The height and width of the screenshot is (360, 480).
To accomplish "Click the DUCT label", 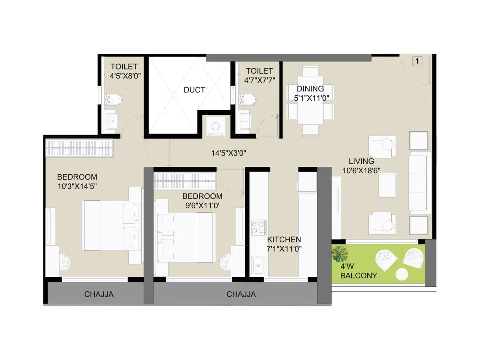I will [194, 90].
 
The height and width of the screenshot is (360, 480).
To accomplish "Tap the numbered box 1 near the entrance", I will [417, 61].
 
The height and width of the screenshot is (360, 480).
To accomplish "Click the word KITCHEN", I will [284, 240].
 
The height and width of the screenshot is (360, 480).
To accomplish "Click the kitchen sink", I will [259, 265].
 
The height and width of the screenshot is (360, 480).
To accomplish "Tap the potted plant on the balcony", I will [340, 254].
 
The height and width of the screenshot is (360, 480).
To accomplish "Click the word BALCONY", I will [359, 275].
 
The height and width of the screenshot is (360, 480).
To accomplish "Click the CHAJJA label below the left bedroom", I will [99, 295].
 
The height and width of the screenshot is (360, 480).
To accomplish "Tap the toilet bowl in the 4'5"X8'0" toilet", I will [112, 100].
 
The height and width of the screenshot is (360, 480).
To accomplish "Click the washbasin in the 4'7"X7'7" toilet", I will [245, 119].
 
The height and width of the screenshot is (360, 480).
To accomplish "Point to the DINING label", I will [310, 89].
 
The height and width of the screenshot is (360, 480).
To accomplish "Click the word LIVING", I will [361, 161].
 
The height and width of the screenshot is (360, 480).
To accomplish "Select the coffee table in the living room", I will [387, 185].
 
